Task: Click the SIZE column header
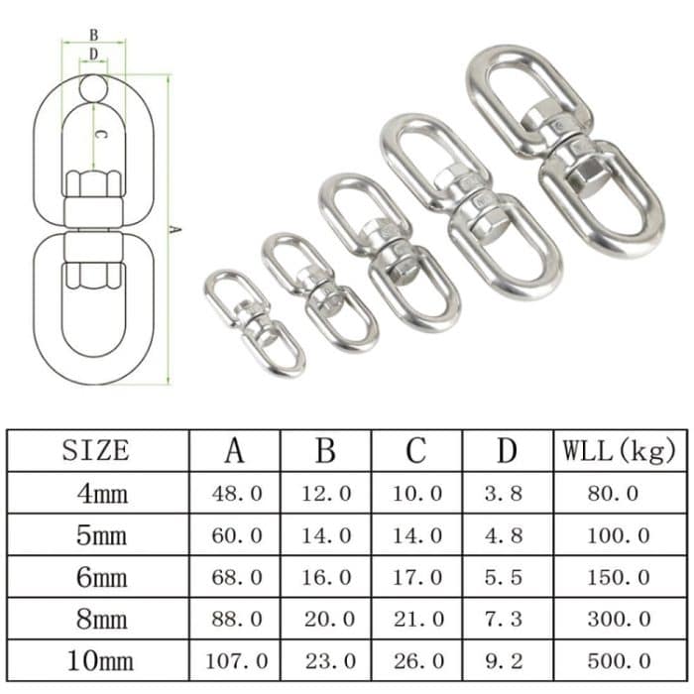point(95,449)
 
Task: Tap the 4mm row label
point(102,493)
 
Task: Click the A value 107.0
point(235,660)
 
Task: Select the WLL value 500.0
point(619,660)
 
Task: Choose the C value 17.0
point(416,577)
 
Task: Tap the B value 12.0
point(326,493)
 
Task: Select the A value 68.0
point(235,577)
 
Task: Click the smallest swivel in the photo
point(254,322)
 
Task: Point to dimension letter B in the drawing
point(93,35)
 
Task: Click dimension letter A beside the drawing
point(175,230)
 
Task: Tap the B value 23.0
point(326,660)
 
